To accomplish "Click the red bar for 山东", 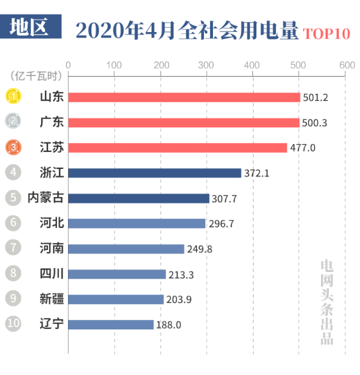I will (x=184, y=97).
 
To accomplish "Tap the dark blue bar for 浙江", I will (x=154, y=173).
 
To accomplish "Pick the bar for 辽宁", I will (x=111, y=324).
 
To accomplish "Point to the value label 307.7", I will (x=224, y=198).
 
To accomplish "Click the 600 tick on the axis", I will (x=346, y=65).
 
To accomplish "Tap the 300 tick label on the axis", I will (x=207, y=65).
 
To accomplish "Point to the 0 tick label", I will (x=68, y=65).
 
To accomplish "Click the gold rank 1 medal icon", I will (x=14, y=97).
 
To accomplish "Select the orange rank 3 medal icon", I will (x=14, y=148).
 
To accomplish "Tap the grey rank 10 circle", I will (x=14, y=324).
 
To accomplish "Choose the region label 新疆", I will (x=52, y=299).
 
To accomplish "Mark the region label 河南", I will (x=52, y=248).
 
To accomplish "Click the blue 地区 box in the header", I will (x=31, y=26).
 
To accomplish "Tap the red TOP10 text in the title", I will (x=327, y=33).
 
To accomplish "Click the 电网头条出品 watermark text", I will (x=327, y=301).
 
